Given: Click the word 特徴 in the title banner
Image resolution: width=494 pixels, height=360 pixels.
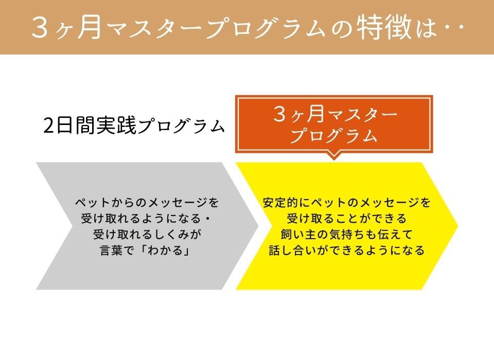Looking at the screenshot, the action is tap(384, 27).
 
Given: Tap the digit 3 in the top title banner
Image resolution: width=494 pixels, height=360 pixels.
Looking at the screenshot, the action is tap(40, 28).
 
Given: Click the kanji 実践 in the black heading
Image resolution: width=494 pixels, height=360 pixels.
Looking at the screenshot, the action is tap(116, 125).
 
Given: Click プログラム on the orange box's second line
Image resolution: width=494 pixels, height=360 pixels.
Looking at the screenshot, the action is tap(333, 135).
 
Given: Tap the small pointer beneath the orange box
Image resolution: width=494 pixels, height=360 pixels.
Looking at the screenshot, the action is tap(334, 156).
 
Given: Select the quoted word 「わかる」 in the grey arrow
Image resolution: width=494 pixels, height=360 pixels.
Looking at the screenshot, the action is tap(165, 250).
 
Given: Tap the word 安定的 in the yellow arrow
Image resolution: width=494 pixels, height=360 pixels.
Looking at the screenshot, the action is tap(280, 203).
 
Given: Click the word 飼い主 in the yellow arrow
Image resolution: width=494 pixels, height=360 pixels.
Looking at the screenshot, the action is tap(297, 235).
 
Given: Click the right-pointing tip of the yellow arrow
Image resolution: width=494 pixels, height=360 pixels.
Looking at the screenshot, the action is tap(458, 226).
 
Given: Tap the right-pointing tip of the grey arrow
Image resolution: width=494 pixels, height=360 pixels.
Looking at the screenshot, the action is tap(258, 226).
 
